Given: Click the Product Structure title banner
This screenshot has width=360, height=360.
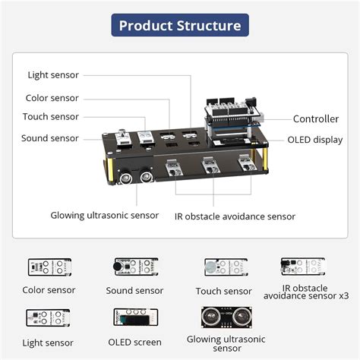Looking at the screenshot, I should point(180,26).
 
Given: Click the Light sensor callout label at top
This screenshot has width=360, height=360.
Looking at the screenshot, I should point(53,74).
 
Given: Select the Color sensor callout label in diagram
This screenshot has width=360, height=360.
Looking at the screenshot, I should point(52,98).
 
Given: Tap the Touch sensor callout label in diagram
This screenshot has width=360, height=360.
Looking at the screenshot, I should point(51,117).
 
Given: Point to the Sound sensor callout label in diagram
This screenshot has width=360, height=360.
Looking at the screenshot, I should point(49,138).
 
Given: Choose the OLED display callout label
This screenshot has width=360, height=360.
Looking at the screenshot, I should point(314,140).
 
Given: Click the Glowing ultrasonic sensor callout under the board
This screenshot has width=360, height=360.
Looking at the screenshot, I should point(105,216).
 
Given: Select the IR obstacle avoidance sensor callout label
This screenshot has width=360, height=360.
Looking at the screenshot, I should point(235,216).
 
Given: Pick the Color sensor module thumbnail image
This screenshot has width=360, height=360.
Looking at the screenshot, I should point(49,267).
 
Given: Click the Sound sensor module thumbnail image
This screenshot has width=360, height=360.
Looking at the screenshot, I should point(134,267).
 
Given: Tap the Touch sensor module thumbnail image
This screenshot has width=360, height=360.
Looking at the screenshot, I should point(225,267).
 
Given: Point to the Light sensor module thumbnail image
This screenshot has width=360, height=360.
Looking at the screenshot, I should point(49,318).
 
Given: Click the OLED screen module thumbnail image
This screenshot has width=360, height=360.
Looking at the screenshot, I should point(134,318).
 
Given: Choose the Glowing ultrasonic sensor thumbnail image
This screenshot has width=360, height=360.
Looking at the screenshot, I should point(225,317).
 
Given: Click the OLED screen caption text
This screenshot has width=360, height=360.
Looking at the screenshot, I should point(134,343).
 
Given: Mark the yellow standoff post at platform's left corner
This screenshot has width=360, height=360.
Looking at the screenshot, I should point(110,171).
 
